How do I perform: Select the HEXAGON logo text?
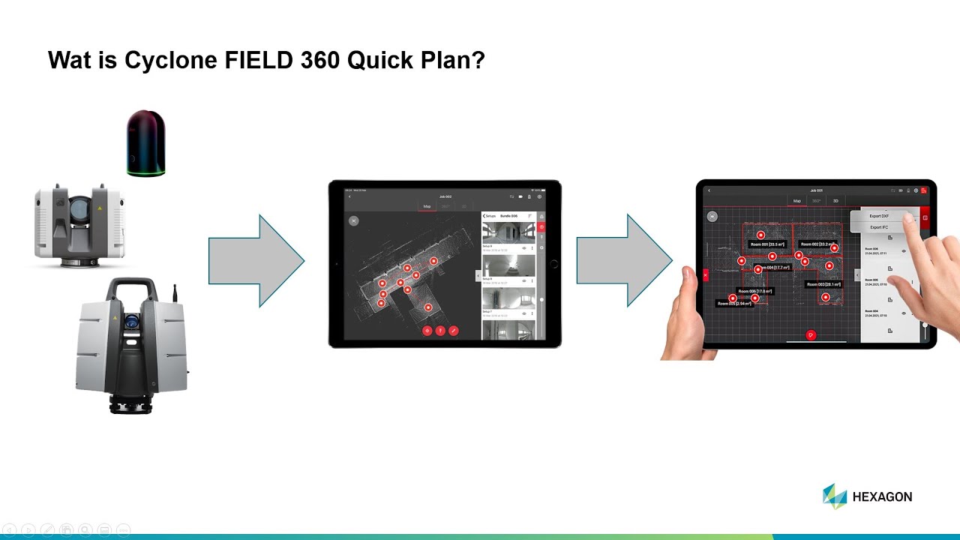(882, 496)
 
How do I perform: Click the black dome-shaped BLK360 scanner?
(145, 143)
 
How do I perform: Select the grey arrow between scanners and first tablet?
(256, 261)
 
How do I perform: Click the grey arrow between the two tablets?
(623, 261)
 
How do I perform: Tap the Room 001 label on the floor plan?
(767, 244)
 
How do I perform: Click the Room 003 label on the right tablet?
(823, 284)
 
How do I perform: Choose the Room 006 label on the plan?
(754, 291)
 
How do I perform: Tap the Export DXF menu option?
(879, 216)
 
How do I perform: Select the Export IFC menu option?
(879, 226)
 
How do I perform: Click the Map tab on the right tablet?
(797, 201)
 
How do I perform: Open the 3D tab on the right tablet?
(835, 201)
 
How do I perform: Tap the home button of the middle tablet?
(553, 264)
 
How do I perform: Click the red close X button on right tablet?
(705, 276)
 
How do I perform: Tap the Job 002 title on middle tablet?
(445, 196)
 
